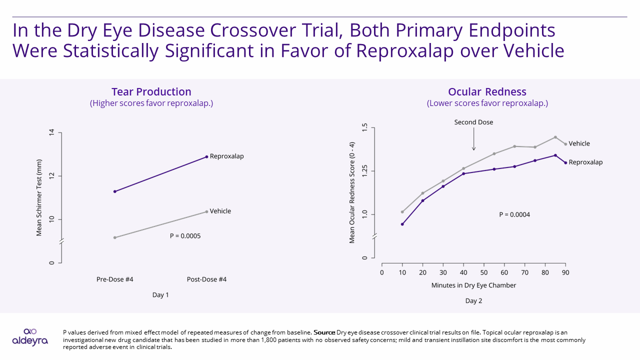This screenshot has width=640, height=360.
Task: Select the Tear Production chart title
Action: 151,92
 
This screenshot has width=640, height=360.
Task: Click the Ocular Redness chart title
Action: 487,92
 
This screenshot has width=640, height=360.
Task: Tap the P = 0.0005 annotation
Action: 185,236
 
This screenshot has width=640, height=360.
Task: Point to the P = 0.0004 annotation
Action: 514,214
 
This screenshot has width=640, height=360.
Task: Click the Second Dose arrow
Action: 473,140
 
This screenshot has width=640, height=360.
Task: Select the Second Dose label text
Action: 473,122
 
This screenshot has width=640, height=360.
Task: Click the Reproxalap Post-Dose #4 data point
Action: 206,156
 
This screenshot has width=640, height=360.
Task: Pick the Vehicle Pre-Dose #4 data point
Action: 115,237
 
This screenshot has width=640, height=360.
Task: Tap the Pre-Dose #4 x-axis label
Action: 115,279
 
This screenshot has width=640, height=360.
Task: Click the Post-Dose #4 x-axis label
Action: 206,279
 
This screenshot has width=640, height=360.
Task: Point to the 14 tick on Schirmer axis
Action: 52,133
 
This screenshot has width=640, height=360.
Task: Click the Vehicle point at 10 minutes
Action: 402,212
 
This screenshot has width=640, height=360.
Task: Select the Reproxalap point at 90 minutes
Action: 565,162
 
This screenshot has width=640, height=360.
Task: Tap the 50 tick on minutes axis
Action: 484,272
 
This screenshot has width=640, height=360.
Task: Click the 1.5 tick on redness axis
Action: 365,127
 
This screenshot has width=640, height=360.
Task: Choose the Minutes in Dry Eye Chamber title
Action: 473,285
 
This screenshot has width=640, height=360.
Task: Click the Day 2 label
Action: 473,301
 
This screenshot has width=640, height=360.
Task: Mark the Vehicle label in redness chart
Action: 579,143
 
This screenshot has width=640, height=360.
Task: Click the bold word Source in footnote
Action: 324,332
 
